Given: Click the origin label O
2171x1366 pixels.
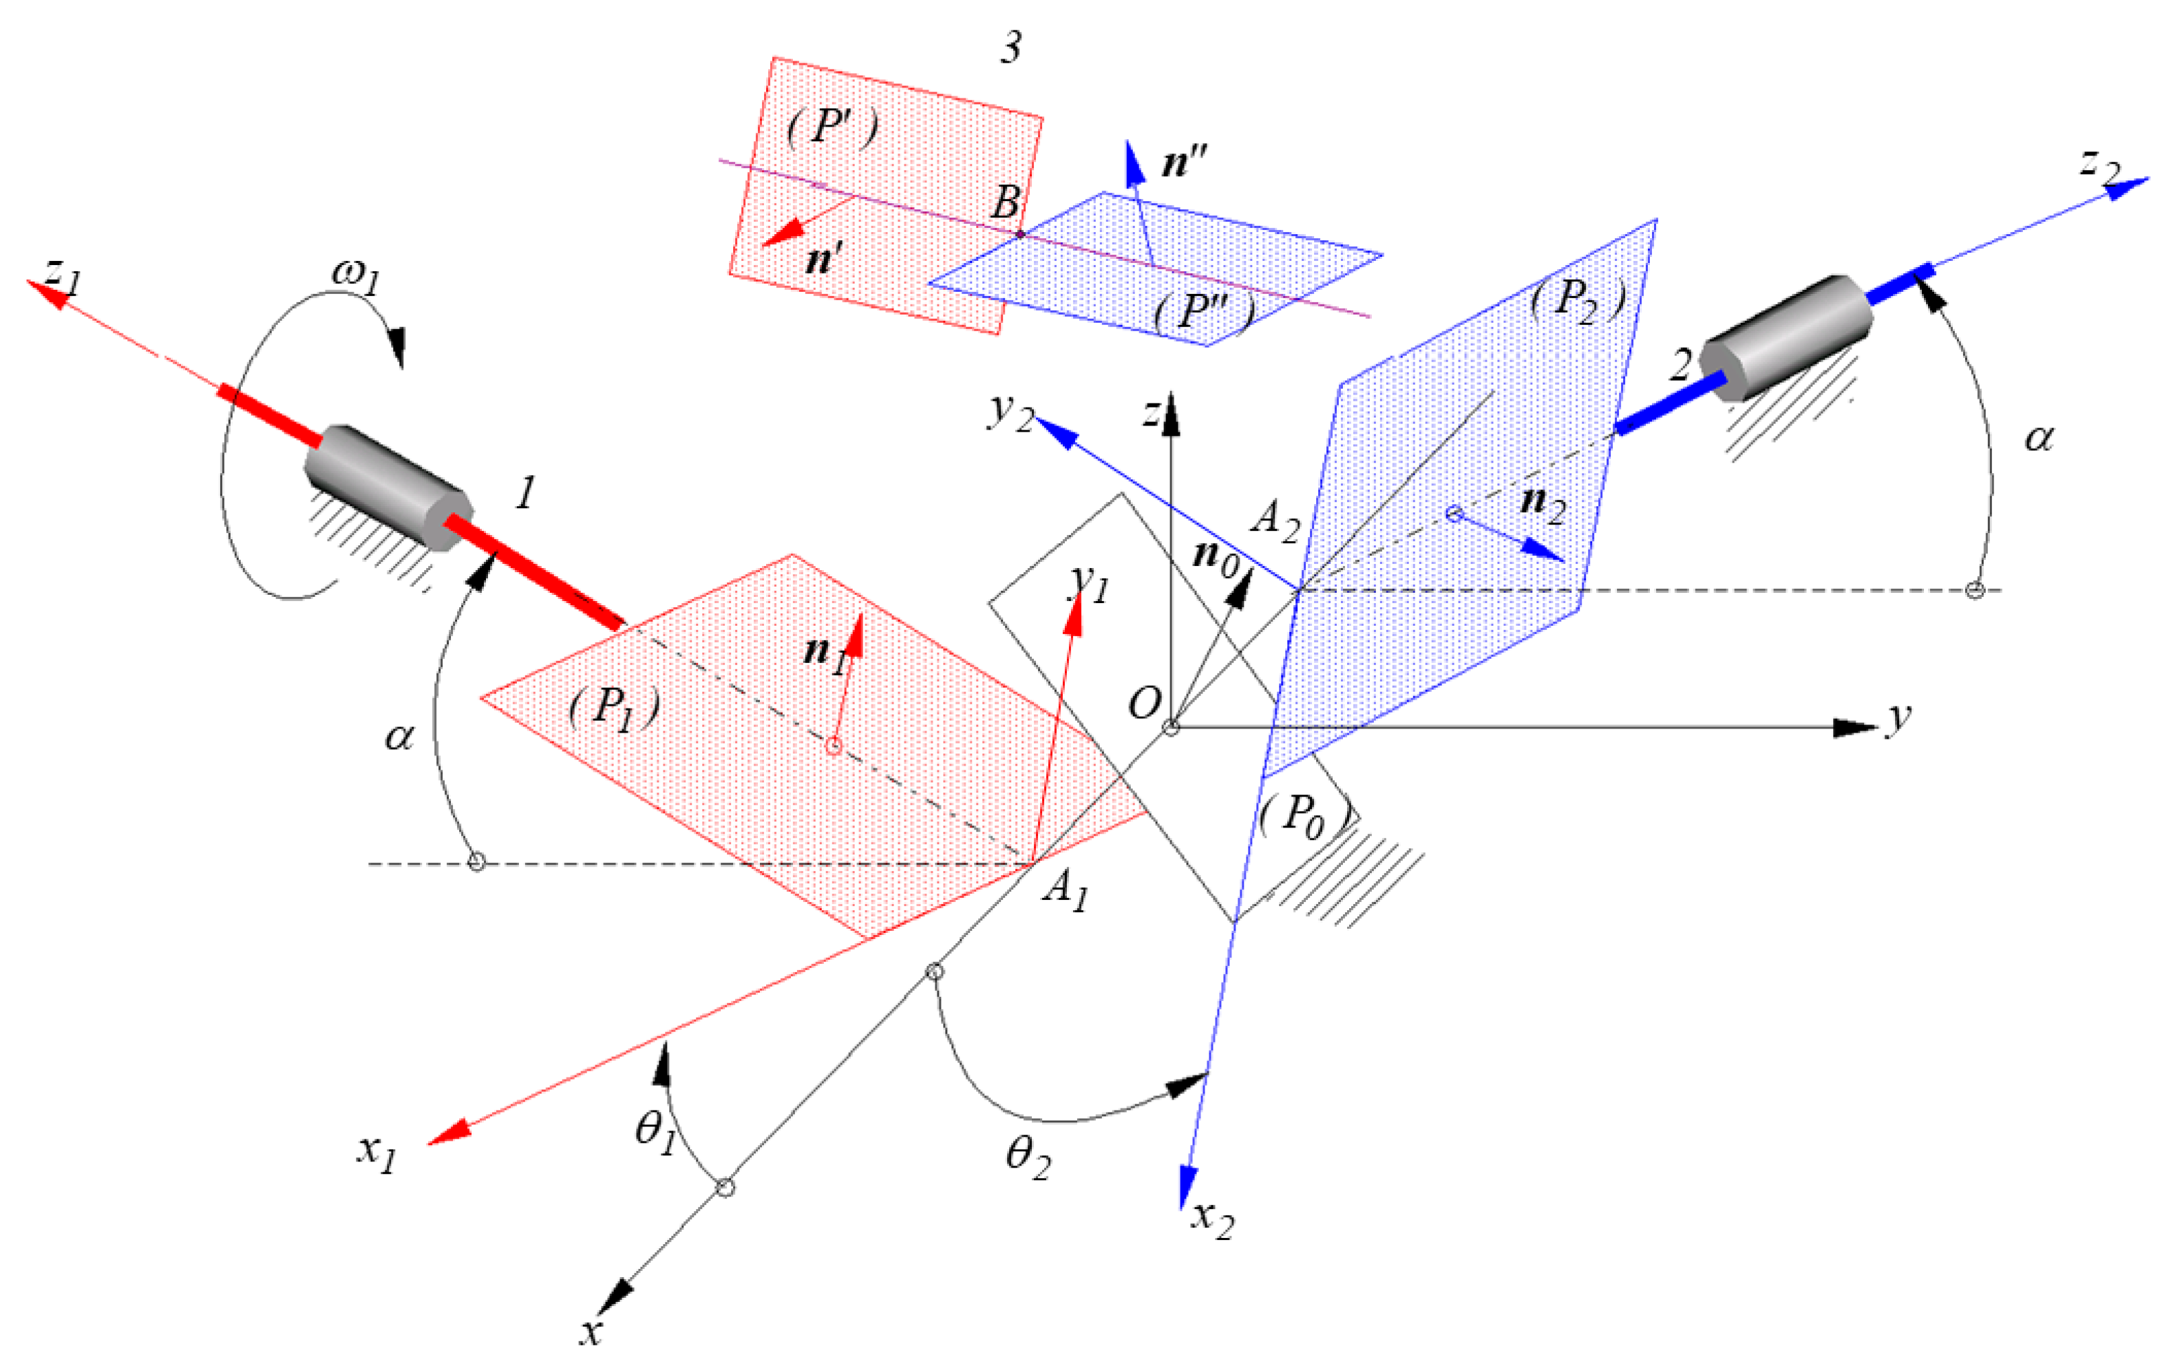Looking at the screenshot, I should [x=1144, y=702].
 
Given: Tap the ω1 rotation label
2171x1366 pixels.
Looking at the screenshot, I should [x=355, y=272].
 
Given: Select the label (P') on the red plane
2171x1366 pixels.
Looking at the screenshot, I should [x=832, y=127].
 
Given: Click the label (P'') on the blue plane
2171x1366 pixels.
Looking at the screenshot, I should [x=1205, y=312].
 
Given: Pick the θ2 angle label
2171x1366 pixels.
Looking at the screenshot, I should [x=1028, y=1156].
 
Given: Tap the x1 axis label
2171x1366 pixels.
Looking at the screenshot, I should [x=376, y=1153].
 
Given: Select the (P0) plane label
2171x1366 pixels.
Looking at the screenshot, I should [x=1304, y=817].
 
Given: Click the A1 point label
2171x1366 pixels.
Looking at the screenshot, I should [x=1066, y=890].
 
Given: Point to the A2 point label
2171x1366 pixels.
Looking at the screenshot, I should [x=1275, y=521].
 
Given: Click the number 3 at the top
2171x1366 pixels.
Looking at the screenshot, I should [x=1010, y=47].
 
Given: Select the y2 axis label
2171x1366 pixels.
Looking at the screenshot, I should [x=1010, y=413].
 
